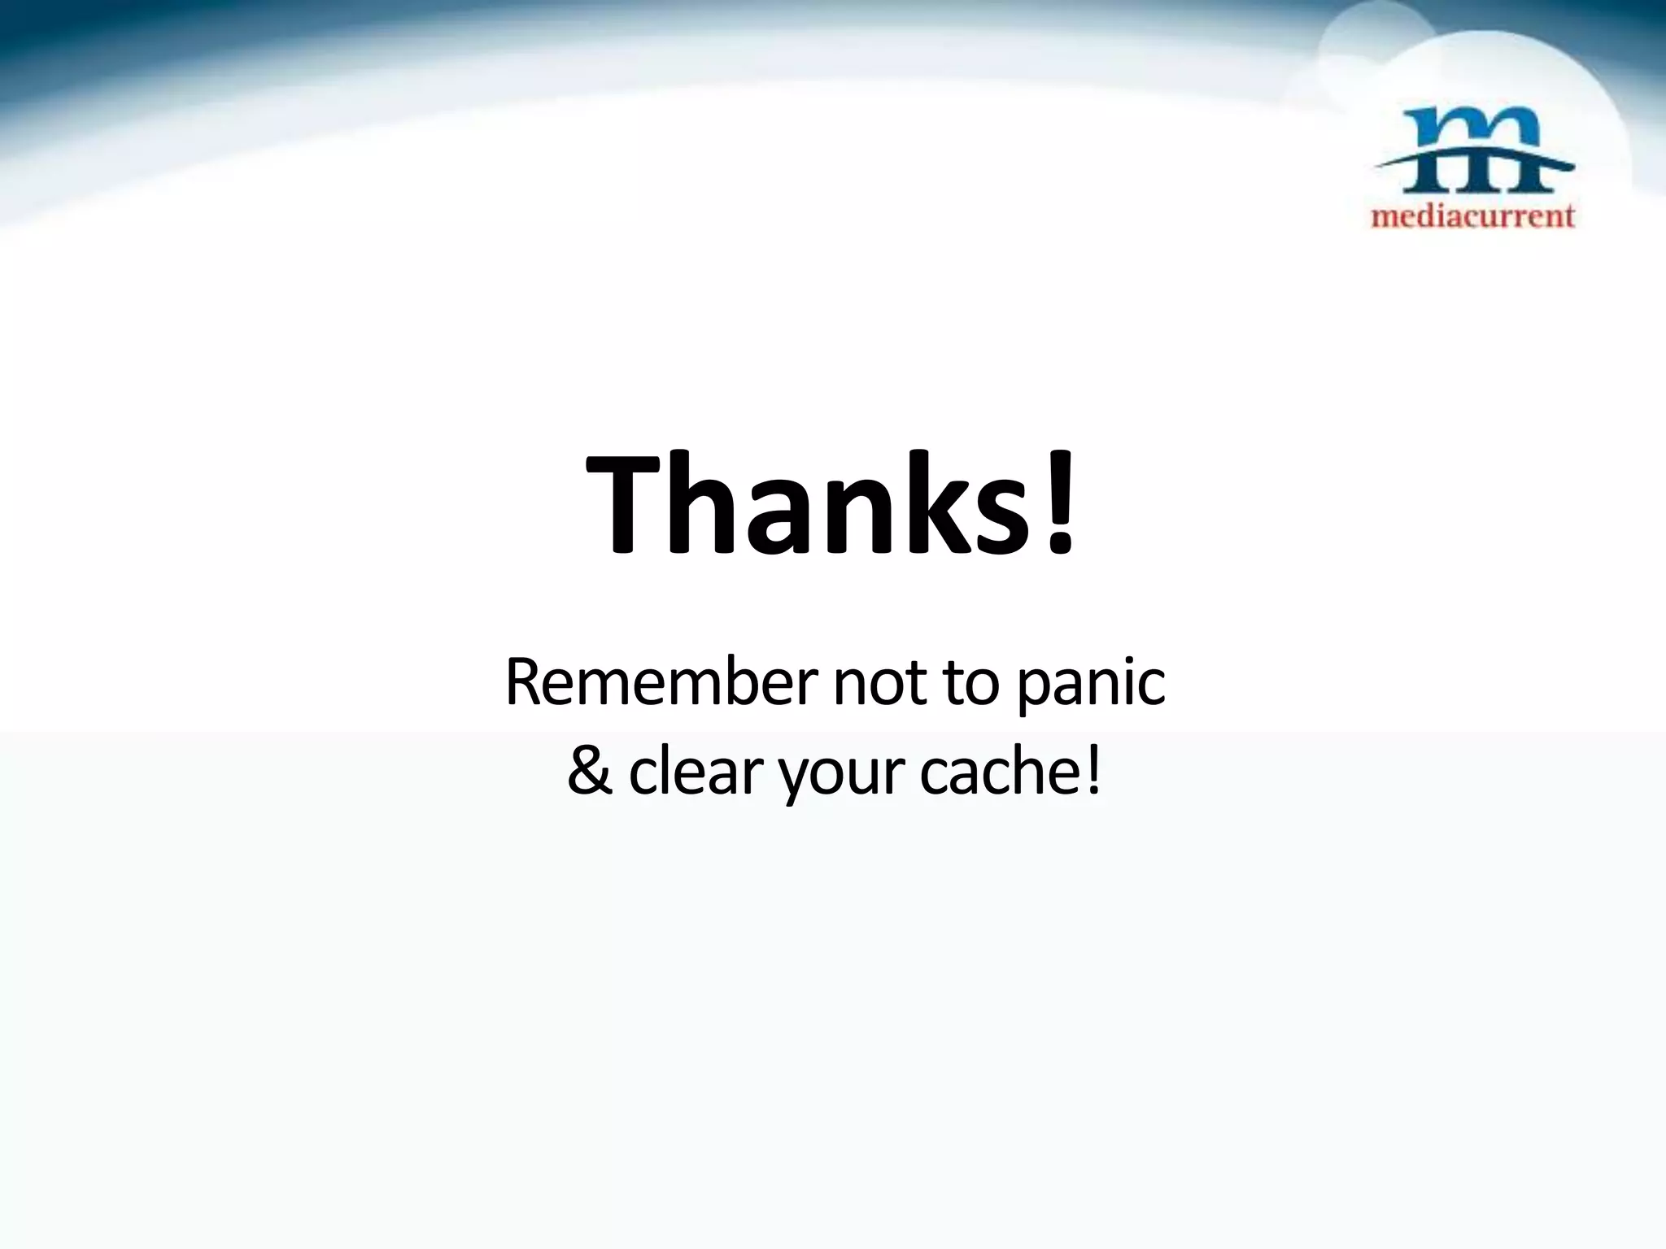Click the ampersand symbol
pyautogui.click(x=590, y=772)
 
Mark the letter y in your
pyautogui.click(x=794, y=778)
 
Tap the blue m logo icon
pyautogui.click(x=1473, y=154)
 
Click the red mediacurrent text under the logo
pyautogui.click(x=1473, y=215)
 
